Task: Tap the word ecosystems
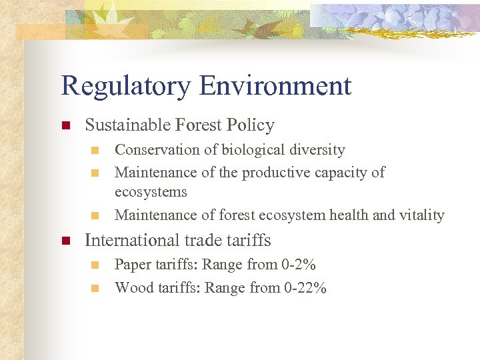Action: pos(151,192)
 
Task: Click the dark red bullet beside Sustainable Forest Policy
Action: pos(65,125)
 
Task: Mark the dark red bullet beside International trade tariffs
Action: pos(65,240)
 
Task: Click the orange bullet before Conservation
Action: pos(95,150)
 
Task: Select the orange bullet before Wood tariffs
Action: pos(95,288)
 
